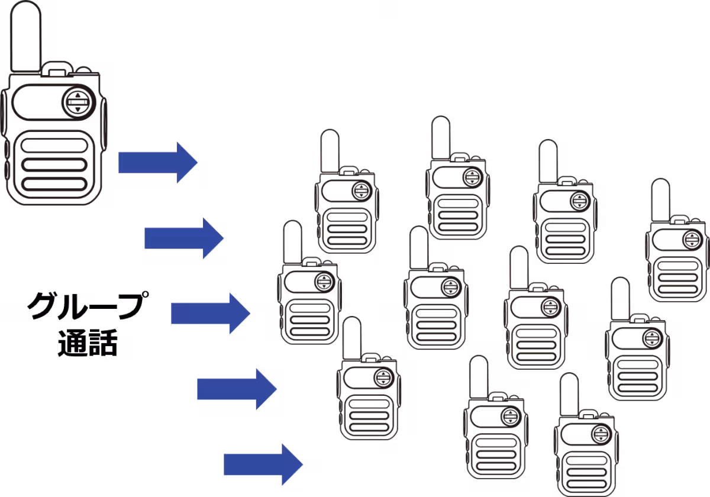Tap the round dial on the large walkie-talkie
pos(78,102)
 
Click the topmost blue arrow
pos(157,162)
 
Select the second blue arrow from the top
pos(184,238)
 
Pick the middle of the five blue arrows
pos(211,313)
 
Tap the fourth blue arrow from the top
pos(237,388)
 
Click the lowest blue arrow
pos(263,464)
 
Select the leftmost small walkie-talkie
pos(308,290)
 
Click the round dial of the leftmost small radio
pos(324,282)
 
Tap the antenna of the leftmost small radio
pos(292,240)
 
